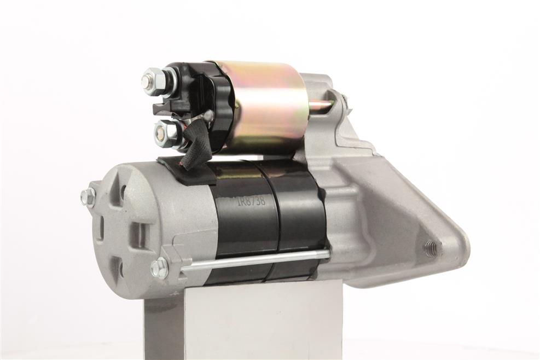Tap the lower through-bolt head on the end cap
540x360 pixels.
(159, 266)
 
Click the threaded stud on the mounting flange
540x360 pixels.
(430, 246)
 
